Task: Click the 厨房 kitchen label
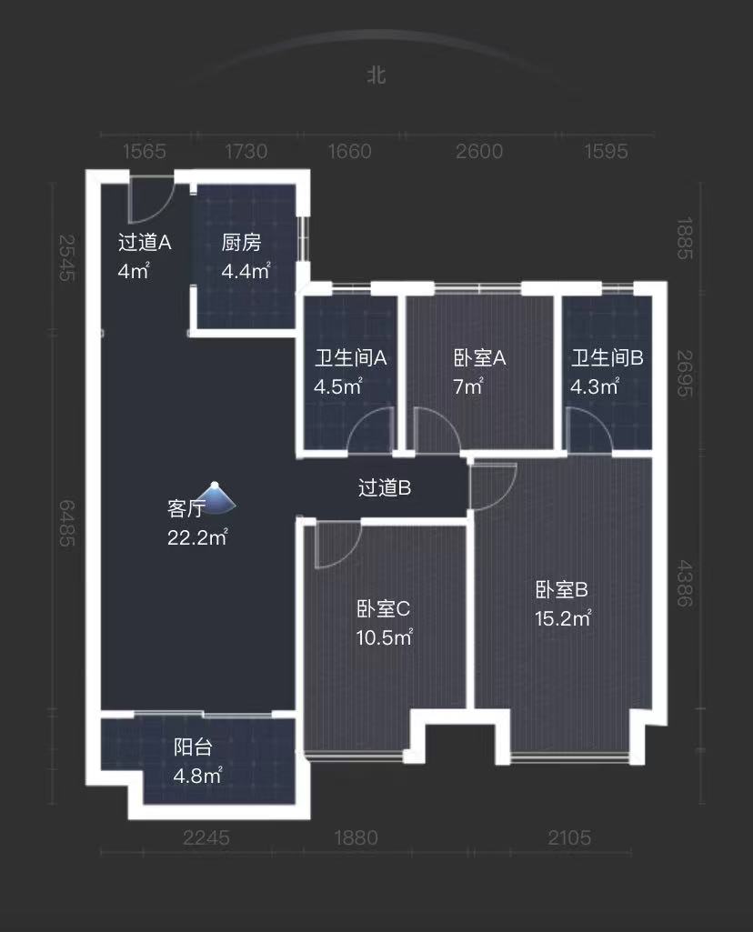[241, 243]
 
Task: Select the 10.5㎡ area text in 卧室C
[384, 637]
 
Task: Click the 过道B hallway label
[385, 488]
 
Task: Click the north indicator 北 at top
[376, 75]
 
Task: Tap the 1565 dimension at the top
[143, 151]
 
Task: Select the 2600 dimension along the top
[478, 151]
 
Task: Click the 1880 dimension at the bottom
[355, 837]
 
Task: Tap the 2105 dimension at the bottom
[569, 837]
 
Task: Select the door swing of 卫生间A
[373, 431]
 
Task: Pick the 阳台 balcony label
[193, 747]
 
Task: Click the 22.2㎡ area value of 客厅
[196, 538]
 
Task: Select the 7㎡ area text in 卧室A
[467, 386]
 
